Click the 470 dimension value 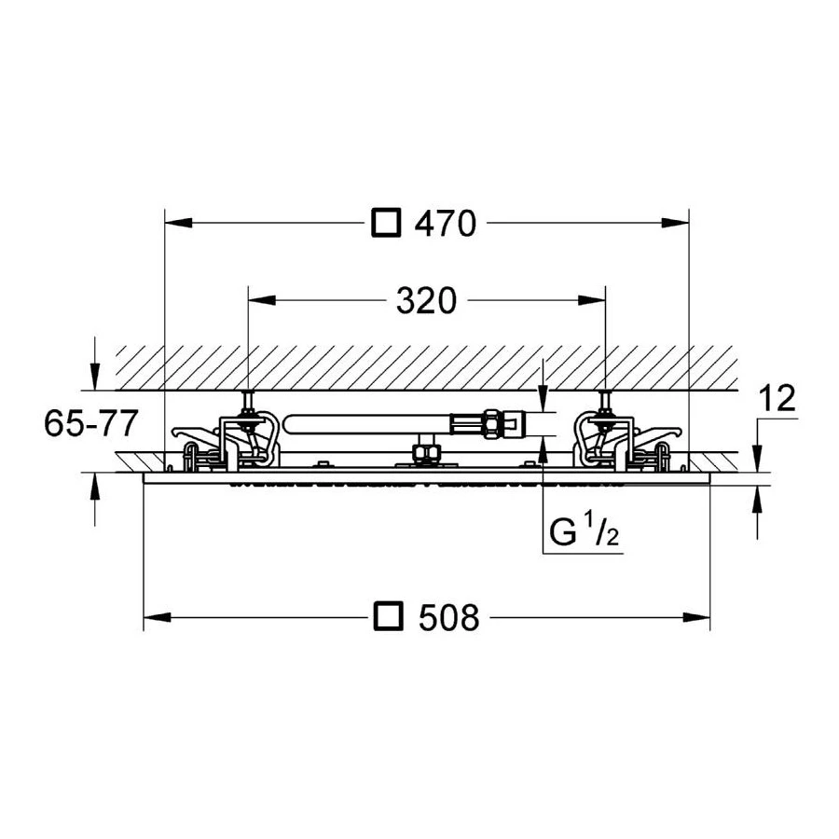(446, 224)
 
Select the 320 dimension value (426, 301)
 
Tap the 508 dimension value (448, 617)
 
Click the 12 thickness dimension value (777, 398)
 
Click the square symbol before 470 (386, 223)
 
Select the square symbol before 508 (388, 617)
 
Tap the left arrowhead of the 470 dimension (179, 223)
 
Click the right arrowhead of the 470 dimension (675, 223)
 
